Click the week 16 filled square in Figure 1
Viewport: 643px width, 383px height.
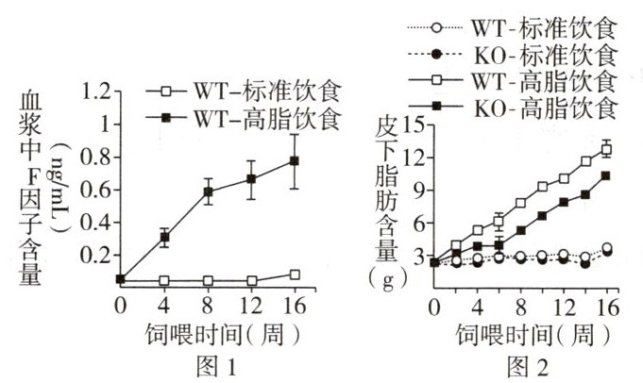click(294, 160)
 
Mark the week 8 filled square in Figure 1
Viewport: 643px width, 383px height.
click(208, 192)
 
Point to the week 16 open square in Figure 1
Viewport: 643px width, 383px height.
click(294, 275)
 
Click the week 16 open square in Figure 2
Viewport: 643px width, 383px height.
click(606, 149)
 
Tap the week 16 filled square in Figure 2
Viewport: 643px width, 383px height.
click(606, 175)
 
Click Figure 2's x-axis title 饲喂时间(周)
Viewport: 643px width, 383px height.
click(523, 333)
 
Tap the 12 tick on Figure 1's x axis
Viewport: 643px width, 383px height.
click(251, 306)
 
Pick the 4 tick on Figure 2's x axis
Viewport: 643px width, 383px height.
click(478, 307)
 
